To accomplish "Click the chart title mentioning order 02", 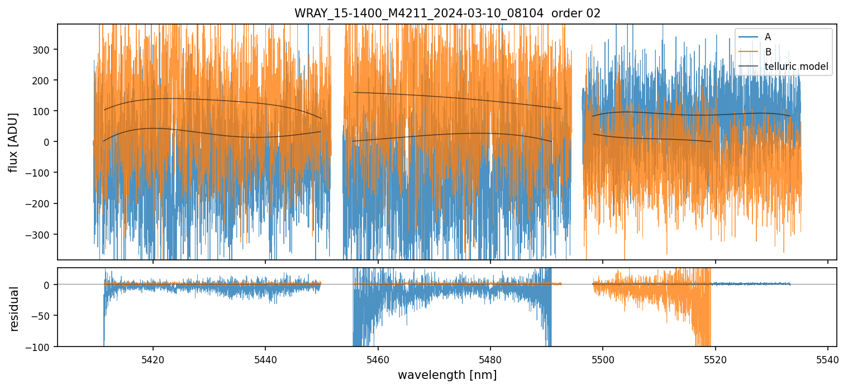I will pyautogui.click(x=447, y=13).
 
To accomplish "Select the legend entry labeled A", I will pyautogui.click(x=768, y=37).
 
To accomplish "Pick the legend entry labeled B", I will pyautogui.click(x=768, y=52).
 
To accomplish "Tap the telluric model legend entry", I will pyautogui.click(x=796, y=67).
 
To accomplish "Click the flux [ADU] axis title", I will pyautogui.click(x=13, y=142).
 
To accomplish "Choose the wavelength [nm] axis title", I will pyautogui.click(x=447, y=375).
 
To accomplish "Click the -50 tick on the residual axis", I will pyautogui.click(x=42, y=316).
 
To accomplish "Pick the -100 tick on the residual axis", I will pyautogui.click(x=40, y=347).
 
